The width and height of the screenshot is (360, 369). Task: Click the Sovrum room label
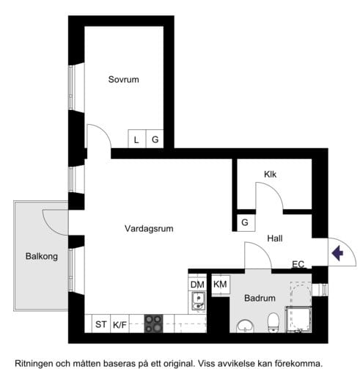click(123, 79)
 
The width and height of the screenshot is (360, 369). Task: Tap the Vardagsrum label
click(149, 229)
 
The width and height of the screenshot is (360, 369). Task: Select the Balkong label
click(41, 257)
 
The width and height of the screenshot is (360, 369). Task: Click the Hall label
click(275, 239)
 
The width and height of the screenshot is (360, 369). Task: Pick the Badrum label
click(260, 299)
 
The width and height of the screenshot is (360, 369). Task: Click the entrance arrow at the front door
click(338, 254)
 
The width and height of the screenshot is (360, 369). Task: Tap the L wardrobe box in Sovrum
click(136, 139)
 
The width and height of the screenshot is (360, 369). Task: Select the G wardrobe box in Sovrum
click(155, 139)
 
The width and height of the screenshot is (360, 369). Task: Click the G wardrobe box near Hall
click(244, 222)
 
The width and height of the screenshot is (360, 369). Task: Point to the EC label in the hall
click(298, 265)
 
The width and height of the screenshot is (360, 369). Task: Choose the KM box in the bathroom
click(220, 285)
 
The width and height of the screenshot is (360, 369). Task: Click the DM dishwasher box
click(196, 285)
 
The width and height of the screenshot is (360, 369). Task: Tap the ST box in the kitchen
click(99, 324)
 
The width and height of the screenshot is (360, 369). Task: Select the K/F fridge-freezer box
click(120, 324)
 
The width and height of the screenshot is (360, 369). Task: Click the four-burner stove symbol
click(153, 324)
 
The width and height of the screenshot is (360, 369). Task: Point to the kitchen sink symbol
click(197, 301)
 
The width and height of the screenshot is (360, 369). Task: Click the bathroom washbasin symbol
click(244, 325)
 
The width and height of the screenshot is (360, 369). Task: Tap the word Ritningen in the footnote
click(28, 362)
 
